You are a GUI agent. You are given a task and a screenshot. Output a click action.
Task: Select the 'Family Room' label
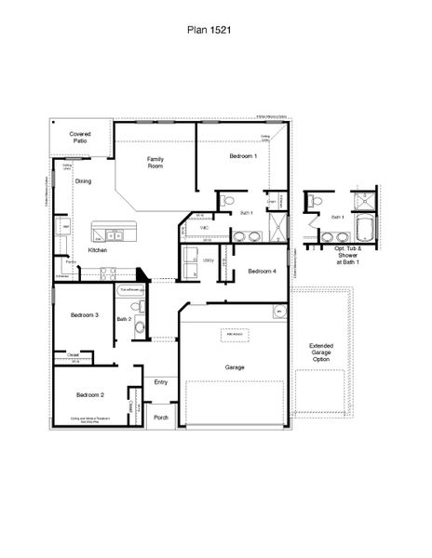(x=155, y=163)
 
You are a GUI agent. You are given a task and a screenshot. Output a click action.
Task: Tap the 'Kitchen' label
(x=98, y=251)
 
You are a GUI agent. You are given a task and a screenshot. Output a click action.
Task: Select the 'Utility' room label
(x=209, y=261)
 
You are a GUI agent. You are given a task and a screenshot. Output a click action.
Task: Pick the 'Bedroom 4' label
(x=262, y=271)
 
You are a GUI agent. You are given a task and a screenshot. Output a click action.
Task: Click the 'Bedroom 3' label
(x=85, y=315)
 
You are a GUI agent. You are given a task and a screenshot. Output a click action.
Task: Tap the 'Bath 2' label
(x=124, y=319)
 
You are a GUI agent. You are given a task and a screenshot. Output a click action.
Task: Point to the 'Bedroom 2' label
(x=90, y=395)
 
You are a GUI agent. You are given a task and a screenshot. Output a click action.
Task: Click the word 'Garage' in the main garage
(x=235, y=367)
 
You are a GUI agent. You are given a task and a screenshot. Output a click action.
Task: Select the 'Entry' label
(x=161, y=382)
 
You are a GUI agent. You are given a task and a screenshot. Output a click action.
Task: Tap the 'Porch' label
(x=161, y=418)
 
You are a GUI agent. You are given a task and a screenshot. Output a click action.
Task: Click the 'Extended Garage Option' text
(x=321, y=353)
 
